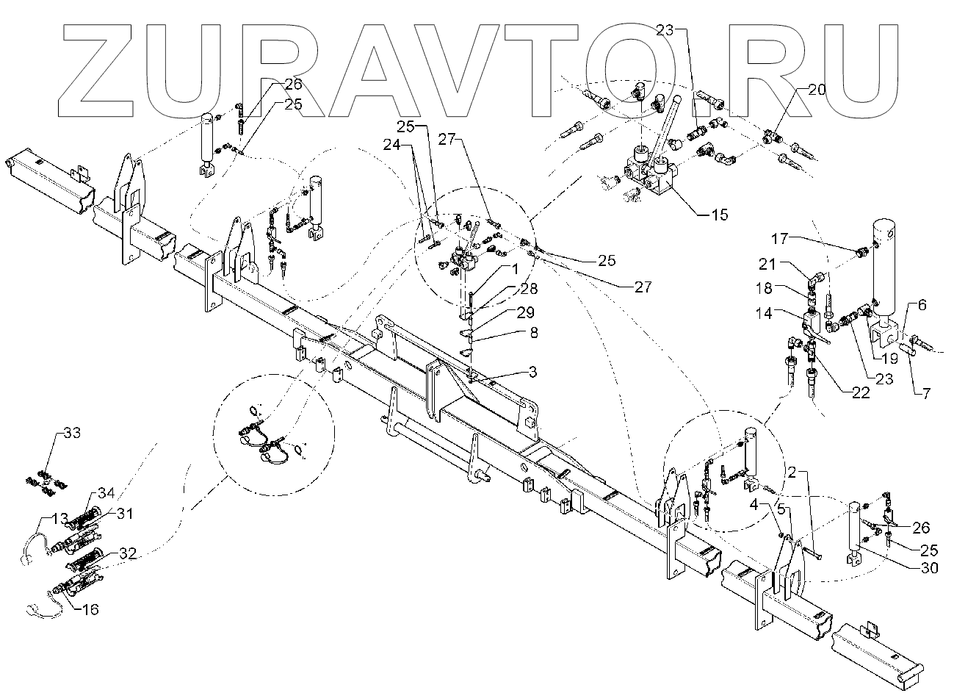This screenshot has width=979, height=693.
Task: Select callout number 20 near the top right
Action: click(x=817, y=90)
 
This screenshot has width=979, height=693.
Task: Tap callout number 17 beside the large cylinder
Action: click(x=780, y=239)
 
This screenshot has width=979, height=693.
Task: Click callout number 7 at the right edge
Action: click(x=925, y=394)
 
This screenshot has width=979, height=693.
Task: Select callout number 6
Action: click(x=922, y=304)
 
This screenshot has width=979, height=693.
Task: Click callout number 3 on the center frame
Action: click(x=532, y=373)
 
